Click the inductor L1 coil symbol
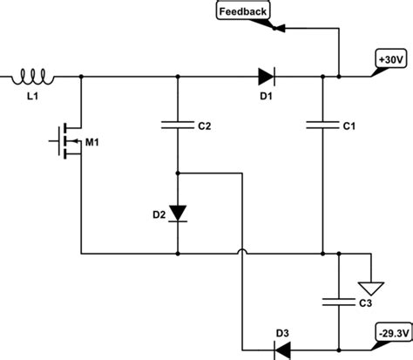pyautogui.click(x=34, y=79)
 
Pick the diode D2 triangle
pyautogui.click(x=178, y=212)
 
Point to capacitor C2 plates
pyautogui.click(x=178, y=126)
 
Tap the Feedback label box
pyautogui.click(x=241, y=11)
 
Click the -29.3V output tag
pyautogui.click(x=389, y=333)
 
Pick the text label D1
pyautogui.click(x=268, y=98)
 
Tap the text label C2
pyautogui.click(x=205, y=126)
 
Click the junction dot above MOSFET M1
pyautogui.click(x=81, y=78)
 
